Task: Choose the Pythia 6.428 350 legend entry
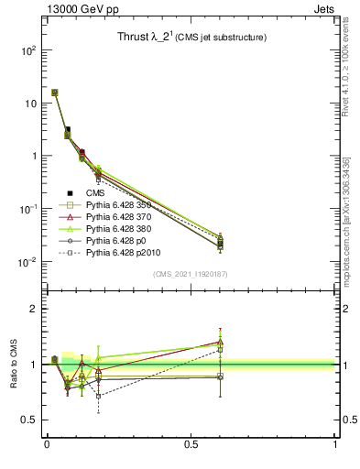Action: (x=124, y=207)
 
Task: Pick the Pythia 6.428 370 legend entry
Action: (x=124, y=221)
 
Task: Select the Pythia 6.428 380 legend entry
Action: (x=124, y=234)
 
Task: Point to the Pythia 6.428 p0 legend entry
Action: (x=120, y=248)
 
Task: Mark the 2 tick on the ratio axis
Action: (x=35, y=310)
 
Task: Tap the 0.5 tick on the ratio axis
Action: (x=30, y=420)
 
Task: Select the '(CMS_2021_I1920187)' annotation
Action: (x=191, y=274)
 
